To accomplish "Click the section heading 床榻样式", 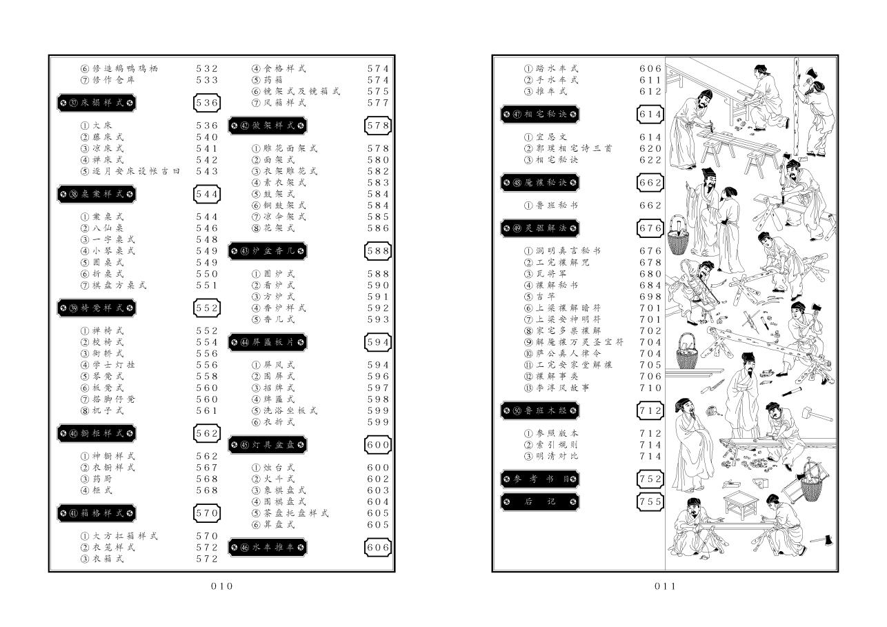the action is click(x=96, y=103).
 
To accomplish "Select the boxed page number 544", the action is click(x=206, y=194).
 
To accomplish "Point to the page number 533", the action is click(x=206, y=80).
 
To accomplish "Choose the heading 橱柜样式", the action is click(x=96, y=433).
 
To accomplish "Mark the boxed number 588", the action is click(x=378, y=251).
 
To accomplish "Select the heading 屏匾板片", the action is click(x=268, y=342).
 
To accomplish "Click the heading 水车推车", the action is click(x=268, y=547).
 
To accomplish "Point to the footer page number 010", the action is click(x=221, y=586).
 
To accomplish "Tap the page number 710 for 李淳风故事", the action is click(x=650, y=388).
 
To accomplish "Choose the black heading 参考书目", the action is click(x=540, y=479).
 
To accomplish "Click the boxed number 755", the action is click(x=650, y=501).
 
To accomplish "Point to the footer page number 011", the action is click(x=665, y=586).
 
